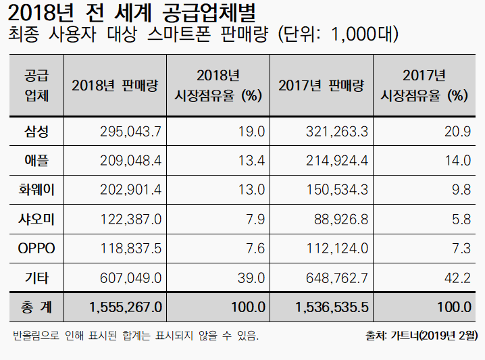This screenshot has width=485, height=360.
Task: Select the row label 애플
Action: [x=35, y=160]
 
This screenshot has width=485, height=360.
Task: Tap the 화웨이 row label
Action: [x=35, y=190]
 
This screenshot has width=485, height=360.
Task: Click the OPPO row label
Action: [x=35, y=249]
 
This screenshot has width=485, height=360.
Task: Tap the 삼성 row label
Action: [x=35, y=131]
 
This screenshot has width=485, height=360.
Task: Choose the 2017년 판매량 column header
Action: [x=322, y=86]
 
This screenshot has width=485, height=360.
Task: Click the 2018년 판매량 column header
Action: [x=115, y=86]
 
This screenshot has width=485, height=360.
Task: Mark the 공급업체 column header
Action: [x=35, y=85]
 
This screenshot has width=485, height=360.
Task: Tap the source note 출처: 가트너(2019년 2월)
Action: [x=421, y=335]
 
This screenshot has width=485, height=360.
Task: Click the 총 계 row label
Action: [x=35, y=307]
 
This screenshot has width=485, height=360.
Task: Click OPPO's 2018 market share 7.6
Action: [x=255, y=249]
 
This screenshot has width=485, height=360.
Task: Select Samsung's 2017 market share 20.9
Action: [x=457, y=131]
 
